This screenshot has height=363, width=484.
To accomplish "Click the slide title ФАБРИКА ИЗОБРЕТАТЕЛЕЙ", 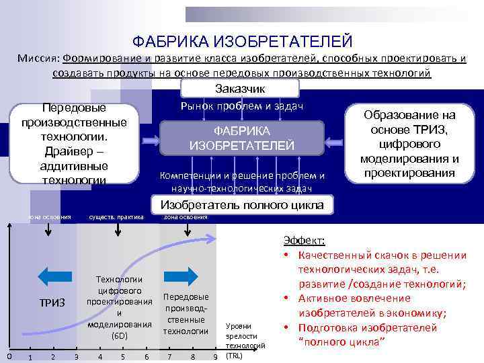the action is click(x=242, y=42).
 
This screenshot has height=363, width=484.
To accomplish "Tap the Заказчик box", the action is click(x=240, y=89).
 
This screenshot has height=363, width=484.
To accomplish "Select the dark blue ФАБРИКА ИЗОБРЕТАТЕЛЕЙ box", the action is click(x=241, y=138).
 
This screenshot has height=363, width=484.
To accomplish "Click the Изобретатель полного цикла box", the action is click(x=241, y=205).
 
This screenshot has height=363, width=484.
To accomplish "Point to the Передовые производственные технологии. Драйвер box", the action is click(x=74, y=143).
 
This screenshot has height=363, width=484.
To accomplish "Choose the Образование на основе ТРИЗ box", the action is click(x=409, y=144).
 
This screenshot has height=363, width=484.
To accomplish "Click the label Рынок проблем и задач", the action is click(x=242, y=106).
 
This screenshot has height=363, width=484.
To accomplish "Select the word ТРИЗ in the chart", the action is click(x=52, y=303).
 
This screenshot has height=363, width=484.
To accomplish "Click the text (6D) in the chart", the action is click(x=118, y=335).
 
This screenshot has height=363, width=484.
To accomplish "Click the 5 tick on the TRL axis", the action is click(x=122, y=356).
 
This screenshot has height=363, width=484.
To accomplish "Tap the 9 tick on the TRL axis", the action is click(x=214, y=356).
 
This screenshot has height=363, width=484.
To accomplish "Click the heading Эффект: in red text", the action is click(x=304, y=241).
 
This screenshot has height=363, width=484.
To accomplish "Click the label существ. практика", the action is click(x=116, y=217).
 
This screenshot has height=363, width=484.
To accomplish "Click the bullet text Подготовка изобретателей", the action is click(x=368, y=328).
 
